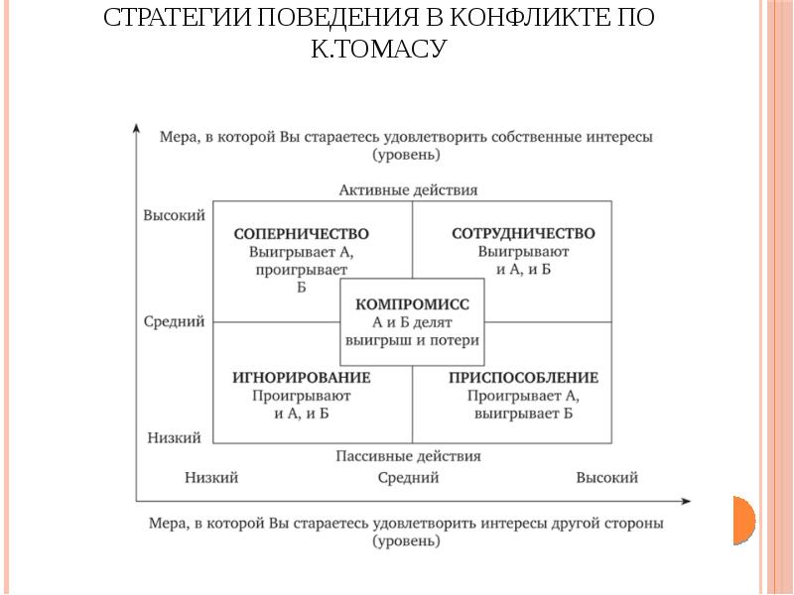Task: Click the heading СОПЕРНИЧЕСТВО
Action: click(x=301, y=234)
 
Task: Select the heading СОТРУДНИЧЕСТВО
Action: click(x=523, y=234)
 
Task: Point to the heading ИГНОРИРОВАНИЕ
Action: click(x=302, y=378)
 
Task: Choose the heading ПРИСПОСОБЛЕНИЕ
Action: click(x=523, y=378)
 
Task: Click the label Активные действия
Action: click(x=408, y=188)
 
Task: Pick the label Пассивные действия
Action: click(x=408, y=456)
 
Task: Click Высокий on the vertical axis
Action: click(x=174, y=214)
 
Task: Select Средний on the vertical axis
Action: click(x=174, y=321)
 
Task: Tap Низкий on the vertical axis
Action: click(x=174, y=437)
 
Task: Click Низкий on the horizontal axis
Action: click(x=211, y=478)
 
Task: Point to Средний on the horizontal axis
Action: click(x=408, y=478)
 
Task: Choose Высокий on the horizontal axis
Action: click(x=606, y=478)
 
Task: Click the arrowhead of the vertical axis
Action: click(x=136, y=128)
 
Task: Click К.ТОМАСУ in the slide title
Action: click(x=380, y=48)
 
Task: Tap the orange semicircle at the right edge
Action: click(x=744, y=520)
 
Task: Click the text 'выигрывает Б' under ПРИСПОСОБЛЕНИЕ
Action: click(x=523, y=414)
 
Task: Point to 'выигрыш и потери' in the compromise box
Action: click(x=412, y=340)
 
